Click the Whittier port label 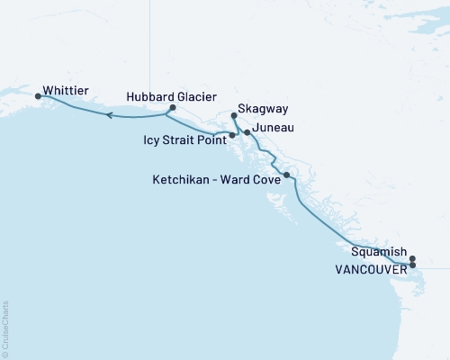pos(71,91)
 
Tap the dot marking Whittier pos(38,95)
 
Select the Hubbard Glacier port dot pos(172,108)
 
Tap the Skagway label pos(263,109)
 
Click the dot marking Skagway pos(234,115)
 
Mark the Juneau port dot pos(247,132)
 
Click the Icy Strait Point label pos(184,140)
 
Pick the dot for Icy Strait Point pos(232,136)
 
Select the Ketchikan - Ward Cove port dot pos(286,175)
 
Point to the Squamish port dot pos(412,260)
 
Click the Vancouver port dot pos(412,265)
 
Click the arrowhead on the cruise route pos(108,115)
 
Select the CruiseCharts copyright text pos(5,329)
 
